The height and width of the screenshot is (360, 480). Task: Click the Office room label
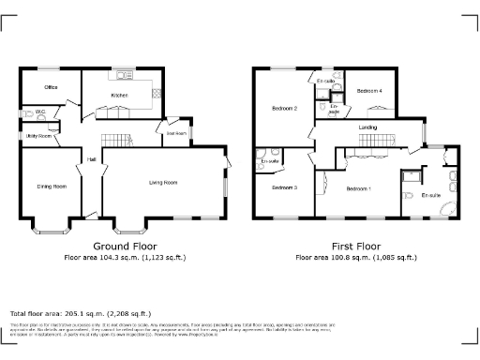tap(51, 87)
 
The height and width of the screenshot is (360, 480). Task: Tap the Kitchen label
tap(119, 96)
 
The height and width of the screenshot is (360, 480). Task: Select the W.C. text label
tap(41, 112)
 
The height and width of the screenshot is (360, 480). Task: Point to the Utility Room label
tap(38, 137)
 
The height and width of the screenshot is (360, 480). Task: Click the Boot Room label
tap(176, 133)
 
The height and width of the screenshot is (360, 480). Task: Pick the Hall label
tap(92, 159)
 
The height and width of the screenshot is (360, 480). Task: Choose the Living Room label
tap(163, 183)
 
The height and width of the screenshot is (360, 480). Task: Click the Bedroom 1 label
tap(359, 189)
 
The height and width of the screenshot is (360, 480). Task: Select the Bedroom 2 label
tap(283, 109)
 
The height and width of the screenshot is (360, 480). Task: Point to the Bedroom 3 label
tap(284, 187)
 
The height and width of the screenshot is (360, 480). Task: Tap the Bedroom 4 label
tap(369, 91)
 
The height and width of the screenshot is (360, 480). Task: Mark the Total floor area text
tap(80, 313)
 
